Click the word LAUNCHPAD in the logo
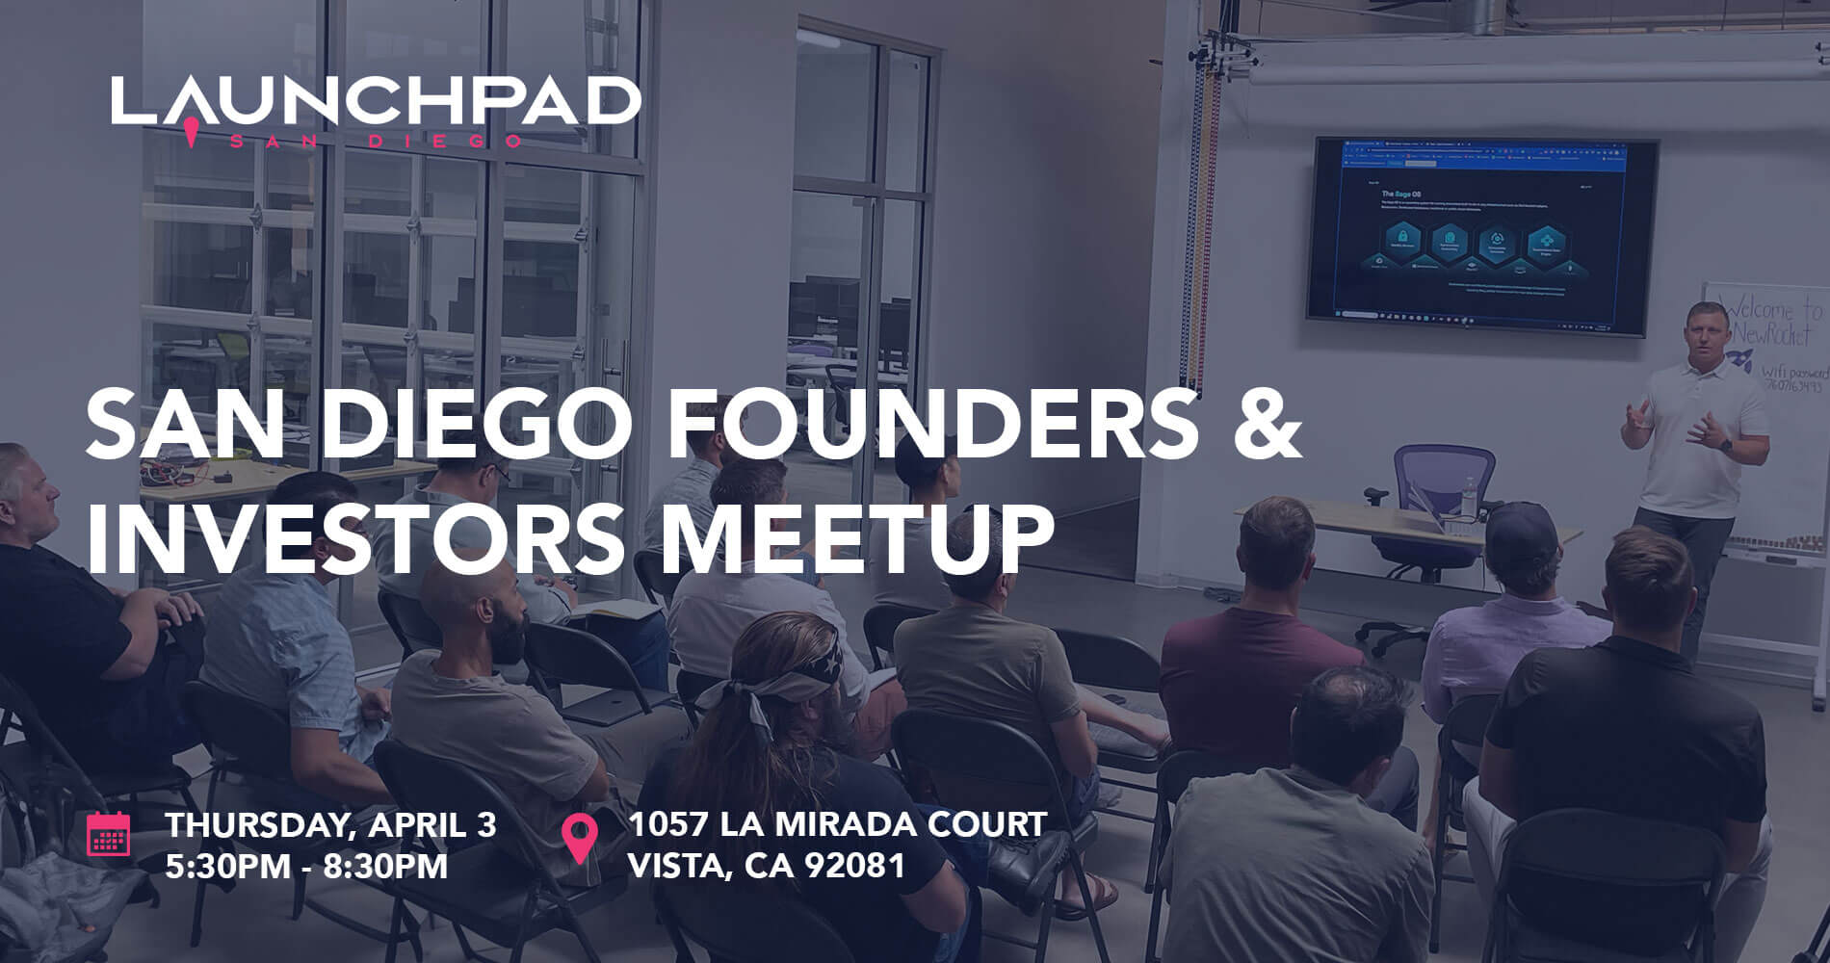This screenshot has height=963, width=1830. click(x=376, y=100)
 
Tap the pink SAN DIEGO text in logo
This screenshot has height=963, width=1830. click(x=376, y=141)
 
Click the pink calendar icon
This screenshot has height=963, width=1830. click(x=109, y=834)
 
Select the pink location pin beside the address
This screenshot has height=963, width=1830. click(x=579, y=838)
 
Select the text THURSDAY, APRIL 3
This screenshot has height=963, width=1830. click(x=330, y=825)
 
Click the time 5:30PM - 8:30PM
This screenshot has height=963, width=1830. click(x=306, y=866)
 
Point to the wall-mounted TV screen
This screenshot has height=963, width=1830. click(x=1481, y=236)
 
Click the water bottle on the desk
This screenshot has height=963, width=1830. click(x=1469, y=499)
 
